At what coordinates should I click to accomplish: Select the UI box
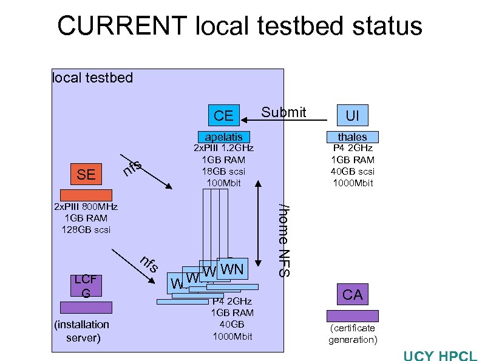352,115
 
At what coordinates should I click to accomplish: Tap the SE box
86,175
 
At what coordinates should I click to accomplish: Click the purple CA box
352,295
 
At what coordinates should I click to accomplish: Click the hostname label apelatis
223,137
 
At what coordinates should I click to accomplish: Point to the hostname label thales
352,137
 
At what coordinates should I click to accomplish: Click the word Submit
283,112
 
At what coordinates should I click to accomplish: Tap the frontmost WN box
231,268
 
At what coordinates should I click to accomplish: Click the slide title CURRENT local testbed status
239,26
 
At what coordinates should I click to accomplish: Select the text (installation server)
83,331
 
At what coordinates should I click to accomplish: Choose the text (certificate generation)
352,334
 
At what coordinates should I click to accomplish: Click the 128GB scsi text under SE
86,229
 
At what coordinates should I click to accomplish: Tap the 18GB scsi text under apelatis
223,171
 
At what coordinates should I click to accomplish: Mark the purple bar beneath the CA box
352,315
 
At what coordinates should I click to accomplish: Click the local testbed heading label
92,78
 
